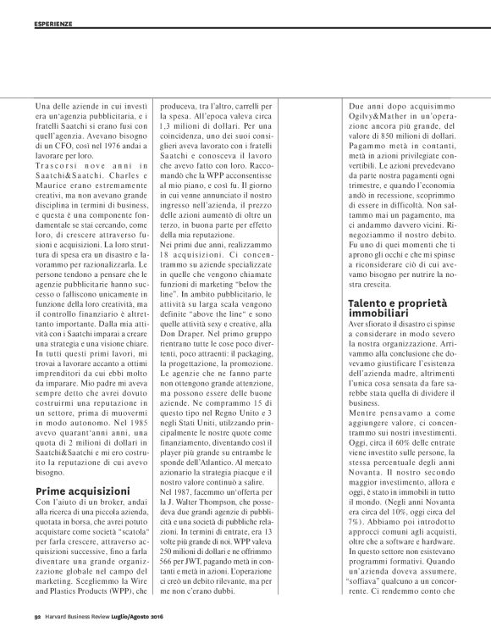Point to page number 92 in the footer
tap(37, 629)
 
